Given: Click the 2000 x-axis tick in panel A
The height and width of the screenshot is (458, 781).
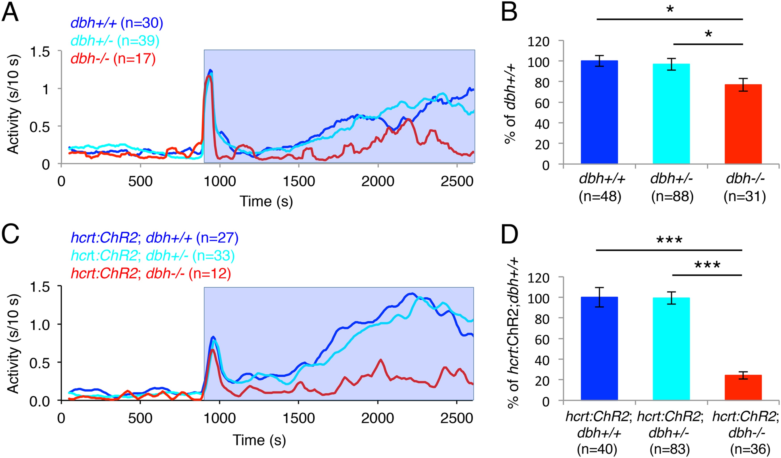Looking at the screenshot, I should pyautogui.click(x=378, y=181).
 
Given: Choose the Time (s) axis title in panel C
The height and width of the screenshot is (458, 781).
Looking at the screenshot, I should pyautogui.click(x=259, y=440).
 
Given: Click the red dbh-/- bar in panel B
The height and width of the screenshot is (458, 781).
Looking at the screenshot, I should pyautogui.click(x=743, y=124).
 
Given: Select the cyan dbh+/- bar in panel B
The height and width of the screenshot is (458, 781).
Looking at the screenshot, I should pyautogui.click(x=671, y=114).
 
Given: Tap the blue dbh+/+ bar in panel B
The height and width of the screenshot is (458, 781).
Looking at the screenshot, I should pyautogui.click(x=599, y=112).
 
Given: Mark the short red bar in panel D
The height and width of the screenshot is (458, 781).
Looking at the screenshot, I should pyautogui.click(x=743, y=387).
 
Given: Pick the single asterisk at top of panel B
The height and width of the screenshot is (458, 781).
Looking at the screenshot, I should pyautogui.click(x=670, y=10).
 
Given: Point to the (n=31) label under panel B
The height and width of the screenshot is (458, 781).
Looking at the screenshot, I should pyautogui.click(x=744, y=197).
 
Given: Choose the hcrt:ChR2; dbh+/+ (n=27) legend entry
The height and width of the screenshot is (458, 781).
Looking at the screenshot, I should pyautogui.click(x=155, y=238).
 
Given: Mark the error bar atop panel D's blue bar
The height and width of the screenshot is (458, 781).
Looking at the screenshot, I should pyautogui.click(x=599, y=297).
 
